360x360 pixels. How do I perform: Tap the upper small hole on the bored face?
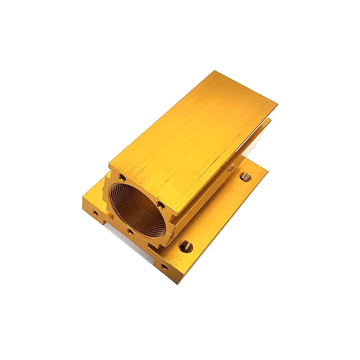tap(122, 178)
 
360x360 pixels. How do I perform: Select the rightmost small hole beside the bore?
tap(161, 206)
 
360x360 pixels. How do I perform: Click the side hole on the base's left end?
tap(95, 211)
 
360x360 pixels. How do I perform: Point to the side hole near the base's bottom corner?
tap(165, 267)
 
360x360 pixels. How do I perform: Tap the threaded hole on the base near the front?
tap(185, 246)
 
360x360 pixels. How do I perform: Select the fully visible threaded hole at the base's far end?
tap(245, 177)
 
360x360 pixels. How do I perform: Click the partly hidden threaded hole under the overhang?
tap(230, 167)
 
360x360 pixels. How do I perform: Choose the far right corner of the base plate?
tap(268, 171)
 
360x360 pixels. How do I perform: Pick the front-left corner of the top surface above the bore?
tap(109, 162)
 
